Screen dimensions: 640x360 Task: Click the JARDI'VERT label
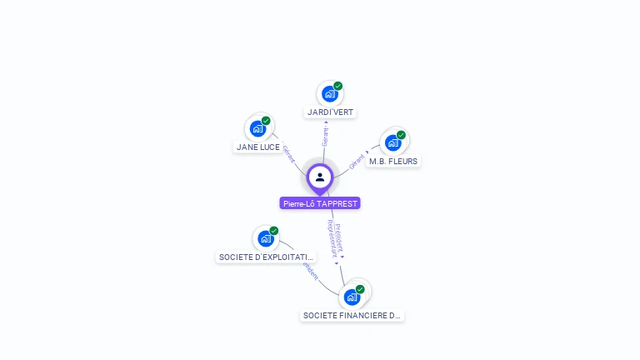[x=330, y=112]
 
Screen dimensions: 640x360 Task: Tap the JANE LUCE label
[x=258, y=147]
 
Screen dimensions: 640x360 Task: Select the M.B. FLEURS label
[x=393, y=161]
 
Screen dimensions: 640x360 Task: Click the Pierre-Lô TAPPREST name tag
[x=320, y=203]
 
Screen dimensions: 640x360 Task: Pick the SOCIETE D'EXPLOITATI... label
[x=266, y=257]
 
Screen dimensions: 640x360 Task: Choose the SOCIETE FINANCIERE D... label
[x=352, y=316]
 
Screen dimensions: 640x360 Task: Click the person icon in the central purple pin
[x=320, y=177]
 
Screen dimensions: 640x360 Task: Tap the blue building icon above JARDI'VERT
[x=330, y=94]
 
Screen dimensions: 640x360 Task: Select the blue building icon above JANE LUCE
[x=258, y=129]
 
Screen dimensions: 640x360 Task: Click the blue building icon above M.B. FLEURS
[x=393, y=142]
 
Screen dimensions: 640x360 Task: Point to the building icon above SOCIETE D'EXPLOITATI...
[x=266, y=239]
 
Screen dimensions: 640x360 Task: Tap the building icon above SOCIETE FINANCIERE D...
[x=352, y=297]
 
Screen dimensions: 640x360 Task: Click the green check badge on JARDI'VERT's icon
[x=338, y=86]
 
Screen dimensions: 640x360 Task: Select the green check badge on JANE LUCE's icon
[x=267, y=121]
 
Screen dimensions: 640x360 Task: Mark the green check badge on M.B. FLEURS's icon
[x=401, y=135]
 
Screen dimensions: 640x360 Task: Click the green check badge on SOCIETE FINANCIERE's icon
[x=360, y=289]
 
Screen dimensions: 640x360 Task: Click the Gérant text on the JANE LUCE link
[x=289, y=154]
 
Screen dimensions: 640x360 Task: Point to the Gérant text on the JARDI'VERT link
[x=325, y=136]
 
